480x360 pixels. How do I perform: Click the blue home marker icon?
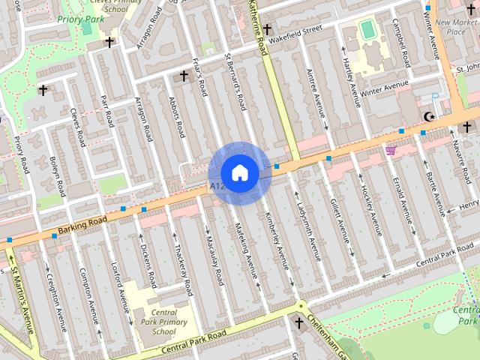pyautogui.click(x=239, y=172)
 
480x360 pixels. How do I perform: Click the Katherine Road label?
pyautogui.click(x=258, y=27)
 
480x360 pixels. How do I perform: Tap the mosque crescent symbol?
pyautogui.click(x=429, y=116)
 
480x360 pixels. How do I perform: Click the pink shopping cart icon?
pyautogui.click(x=390, y=151)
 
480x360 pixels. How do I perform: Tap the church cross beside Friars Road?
pyautogui.click(x=184, y=76)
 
